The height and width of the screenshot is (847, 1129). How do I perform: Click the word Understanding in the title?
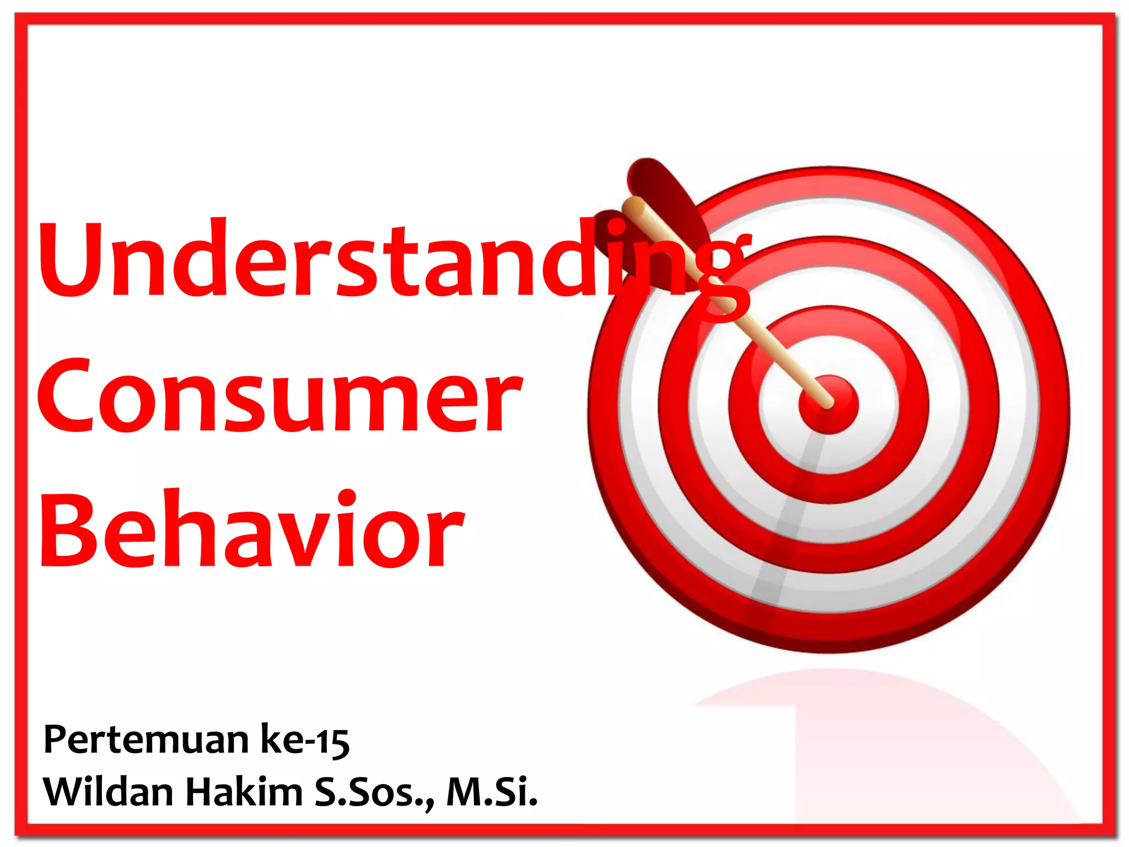tap(394, 259)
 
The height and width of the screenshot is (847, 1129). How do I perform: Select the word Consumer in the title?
tap(278, 394)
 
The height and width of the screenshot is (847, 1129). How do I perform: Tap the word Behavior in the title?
tap(251, 529)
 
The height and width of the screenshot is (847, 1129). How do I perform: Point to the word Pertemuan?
tap(146, 740)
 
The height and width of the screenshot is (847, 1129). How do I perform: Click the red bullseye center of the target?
tap(829, 404)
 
